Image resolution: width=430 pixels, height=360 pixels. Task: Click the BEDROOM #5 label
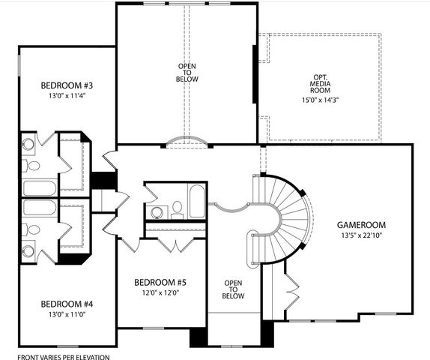click(160, 282)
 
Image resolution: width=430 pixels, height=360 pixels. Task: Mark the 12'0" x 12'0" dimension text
click(160, 293)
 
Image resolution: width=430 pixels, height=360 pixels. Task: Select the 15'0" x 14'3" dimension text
click(320, 99)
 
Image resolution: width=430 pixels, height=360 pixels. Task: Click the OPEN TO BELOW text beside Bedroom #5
click(234, 289)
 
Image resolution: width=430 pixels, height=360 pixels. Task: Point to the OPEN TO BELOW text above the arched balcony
click(187, 72)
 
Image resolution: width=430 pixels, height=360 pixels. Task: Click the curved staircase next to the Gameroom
click(292, 217)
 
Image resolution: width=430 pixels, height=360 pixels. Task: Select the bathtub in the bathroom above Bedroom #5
click(196, 201)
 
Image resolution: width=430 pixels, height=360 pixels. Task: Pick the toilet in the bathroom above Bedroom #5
click(178, 208)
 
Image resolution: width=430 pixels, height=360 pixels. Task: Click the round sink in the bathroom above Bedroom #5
click(157, 212)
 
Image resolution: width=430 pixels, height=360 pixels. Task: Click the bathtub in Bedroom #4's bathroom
click(39, 207)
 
